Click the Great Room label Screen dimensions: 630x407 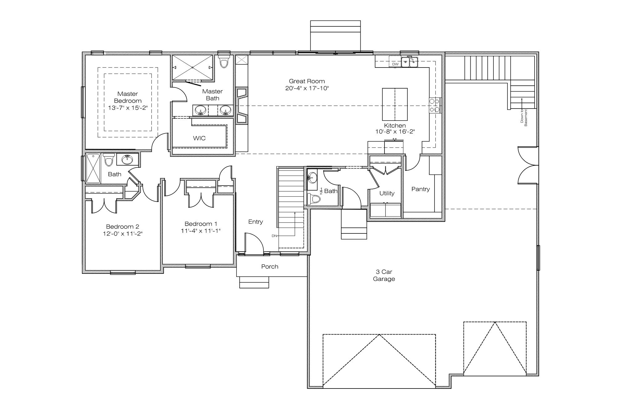(x=307, y=81)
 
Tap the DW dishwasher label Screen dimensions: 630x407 (x=395, y=64)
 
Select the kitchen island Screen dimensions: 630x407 (x=395, y=104)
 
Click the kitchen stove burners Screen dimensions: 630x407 (x=435, y=105)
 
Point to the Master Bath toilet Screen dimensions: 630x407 (x=224, y=61)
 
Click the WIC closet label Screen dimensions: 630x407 (x=199, y=138)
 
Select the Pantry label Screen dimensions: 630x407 (x=420, y=189)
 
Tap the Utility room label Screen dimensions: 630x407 (x=387, y=193)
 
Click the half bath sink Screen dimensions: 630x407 (x=313, y=177)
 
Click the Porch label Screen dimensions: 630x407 (x=270, y=267)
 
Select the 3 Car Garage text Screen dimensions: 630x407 (x=384, y=275)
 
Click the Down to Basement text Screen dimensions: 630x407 (x=524, y=117)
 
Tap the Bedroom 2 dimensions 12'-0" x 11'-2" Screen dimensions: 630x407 (x=123, y=234)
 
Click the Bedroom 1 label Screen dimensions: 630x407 (x=201, y=224)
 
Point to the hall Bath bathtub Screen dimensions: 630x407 (x=93, y=169)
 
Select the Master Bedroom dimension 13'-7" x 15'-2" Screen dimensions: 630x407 (x=128, y=108)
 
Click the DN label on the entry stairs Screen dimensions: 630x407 (x=274, y=236)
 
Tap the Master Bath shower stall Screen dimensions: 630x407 (x=192, y=67)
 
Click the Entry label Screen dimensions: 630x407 (x=255, y=222)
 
